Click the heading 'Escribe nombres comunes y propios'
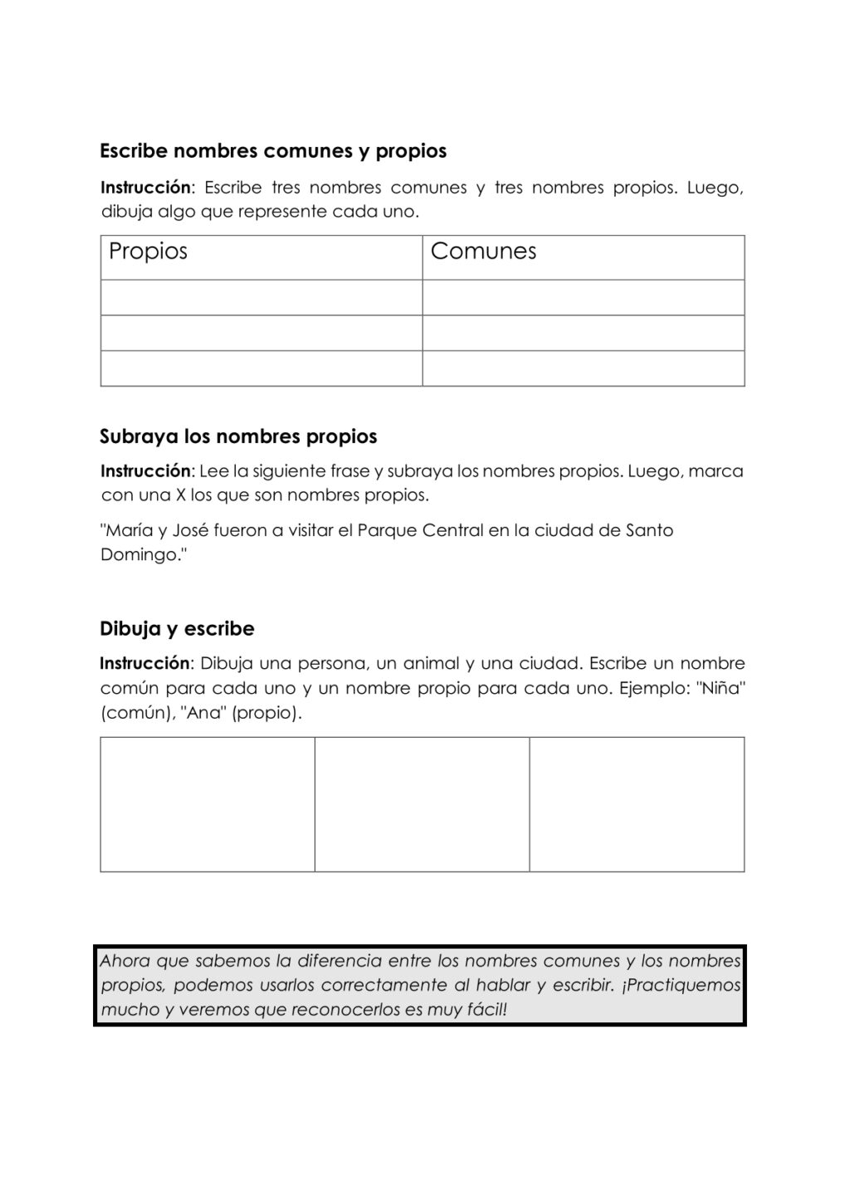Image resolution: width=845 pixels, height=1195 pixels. (273, 151)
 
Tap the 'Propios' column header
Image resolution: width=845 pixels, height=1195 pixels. (149, 251)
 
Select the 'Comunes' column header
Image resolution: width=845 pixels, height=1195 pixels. (483, 251)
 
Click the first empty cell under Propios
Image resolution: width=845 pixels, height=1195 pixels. (261, 297)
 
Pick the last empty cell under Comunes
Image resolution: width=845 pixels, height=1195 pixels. (583, 368)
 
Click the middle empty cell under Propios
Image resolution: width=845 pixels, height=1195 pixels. (261, 333)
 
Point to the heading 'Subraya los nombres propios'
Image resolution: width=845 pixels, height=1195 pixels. (238, 437)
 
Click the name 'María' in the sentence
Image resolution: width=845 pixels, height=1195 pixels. (128, 530)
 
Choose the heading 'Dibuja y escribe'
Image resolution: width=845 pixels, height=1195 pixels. (177, 629)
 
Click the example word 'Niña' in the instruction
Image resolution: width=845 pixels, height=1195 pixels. (720, 688)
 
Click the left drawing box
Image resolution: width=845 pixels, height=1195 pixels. (208, 804)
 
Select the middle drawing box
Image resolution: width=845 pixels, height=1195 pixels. (422, 804)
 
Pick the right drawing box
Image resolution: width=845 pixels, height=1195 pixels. (637, 804)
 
